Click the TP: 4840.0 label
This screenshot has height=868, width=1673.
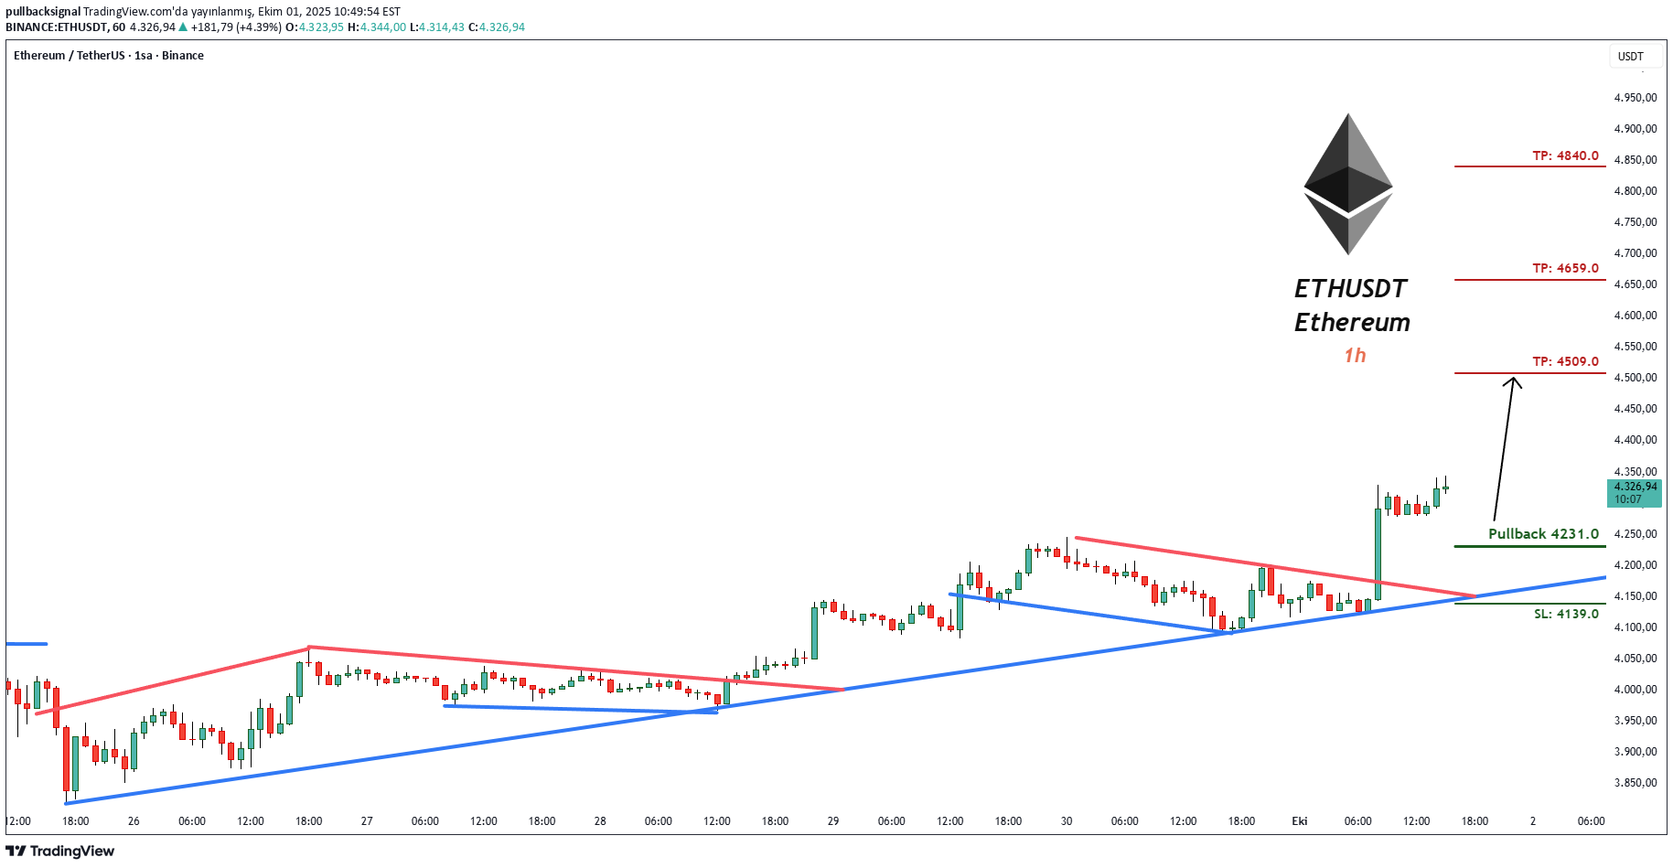click(1565, 155)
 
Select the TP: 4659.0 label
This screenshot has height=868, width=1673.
click(1565, 268)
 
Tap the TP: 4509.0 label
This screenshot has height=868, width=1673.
click(1565, 361)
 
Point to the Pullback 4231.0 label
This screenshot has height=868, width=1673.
click(1543, 534)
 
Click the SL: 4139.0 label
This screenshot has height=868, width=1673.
click(1566, 614)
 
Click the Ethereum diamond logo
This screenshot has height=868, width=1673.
click(1348, 184)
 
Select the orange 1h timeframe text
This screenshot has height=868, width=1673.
click(1355, 355)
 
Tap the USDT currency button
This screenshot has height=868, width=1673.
click(1630, 57)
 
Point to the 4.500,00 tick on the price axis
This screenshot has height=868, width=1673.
click(1635, 378)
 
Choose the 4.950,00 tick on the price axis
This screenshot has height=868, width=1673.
click(1635, 98)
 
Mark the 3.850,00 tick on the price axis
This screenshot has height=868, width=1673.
click(1635, 783)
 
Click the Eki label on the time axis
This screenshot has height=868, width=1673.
click(1299, 821)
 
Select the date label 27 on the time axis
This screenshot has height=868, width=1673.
click(367, 821)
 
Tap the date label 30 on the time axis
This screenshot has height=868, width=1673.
click(1067, 821)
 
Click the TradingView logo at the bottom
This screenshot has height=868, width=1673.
click(60, 852)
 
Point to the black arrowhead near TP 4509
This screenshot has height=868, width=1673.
click(1513, 382)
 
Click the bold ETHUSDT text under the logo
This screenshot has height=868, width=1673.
click(1350, 289)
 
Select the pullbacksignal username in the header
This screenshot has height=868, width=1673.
click(43, 12)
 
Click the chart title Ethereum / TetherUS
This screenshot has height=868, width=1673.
click(70, 56)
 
